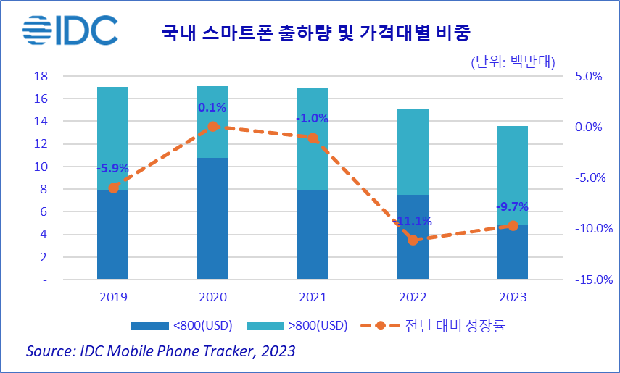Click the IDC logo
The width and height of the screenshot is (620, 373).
70,30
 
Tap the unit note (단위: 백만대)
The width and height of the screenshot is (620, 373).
513,62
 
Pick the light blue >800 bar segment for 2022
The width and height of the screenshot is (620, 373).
413,152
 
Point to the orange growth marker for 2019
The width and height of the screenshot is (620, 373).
113,188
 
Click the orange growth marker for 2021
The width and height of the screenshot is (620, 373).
313,138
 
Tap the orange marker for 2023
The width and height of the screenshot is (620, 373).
513,226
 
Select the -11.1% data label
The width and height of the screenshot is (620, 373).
413,221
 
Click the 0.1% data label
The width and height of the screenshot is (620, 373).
212,108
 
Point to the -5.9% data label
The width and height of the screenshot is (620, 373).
112,169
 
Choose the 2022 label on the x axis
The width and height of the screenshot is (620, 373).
413,297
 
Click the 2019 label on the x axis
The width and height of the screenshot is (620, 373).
112,297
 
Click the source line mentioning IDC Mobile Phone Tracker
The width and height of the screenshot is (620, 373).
160,351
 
